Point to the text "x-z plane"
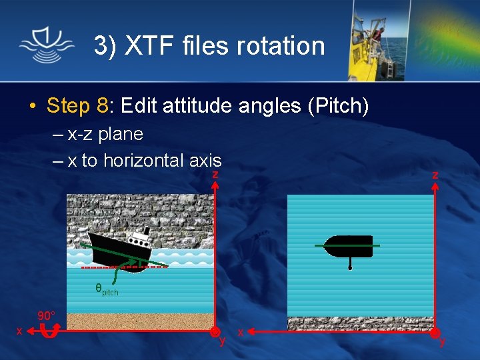coord(105,134)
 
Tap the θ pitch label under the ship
coord(106,290)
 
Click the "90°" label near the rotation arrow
coord(46,316)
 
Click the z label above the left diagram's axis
coord(215,174)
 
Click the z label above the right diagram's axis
coord(435,174)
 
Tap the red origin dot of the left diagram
coord(215,331)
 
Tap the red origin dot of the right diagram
coord(435,331)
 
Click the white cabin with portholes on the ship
coord(139,237)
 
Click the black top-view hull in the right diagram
coord(349,246)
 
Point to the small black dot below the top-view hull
coord(350,268)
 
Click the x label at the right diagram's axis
coord(241,331)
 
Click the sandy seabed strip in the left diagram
coord(140,321)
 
